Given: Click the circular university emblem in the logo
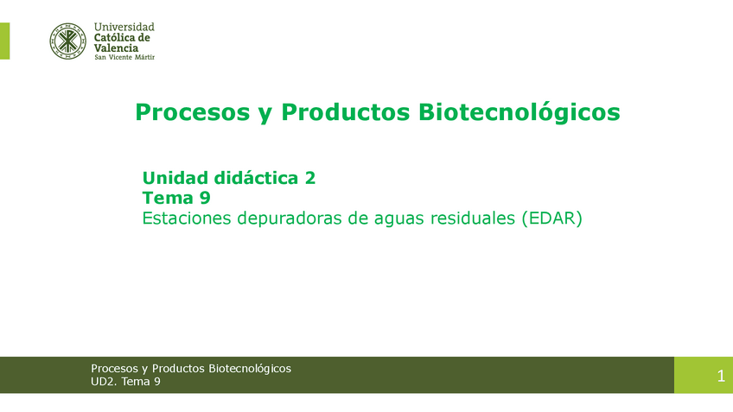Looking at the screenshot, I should tap(67, 41).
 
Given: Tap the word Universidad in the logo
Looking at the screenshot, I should tap(124, 27).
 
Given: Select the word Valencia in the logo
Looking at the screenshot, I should tap(116, 48).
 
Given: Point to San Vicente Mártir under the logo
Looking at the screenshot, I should tap(124, 58).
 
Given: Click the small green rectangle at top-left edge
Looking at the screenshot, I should tap(4, 41).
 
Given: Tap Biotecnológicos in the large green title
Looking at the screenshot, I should tap(519, 112).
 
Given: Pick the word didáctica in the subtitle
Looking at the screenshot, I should tap(256, 178).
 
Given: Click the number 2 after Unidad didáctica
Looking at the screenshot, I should tap(309, 178).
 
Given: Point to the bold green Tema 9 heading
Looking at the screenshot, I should tap(176, 198).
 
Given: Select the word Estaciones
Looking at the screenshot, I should tap(185, 219).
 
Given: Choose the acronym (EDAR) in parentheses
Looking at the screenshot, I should tap(552, 219).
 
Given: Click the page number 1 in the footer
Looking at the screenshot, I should tap(720, 376).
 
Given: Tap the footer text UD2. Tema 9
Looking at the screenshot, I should tap(125, 382).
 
